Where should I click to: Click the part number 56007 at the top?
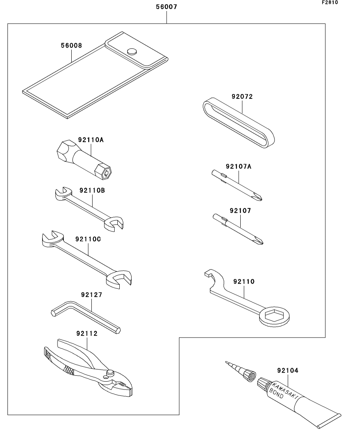(167, 7)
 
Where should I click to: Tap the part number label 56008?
(71, 46)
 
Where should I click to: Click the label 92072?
(241, 96)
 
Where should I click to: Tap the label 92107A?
(239, 166)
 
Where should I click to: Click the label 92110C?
(88, 238)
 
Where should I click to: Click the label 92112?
(87, 334)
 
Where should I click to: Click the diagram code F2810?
(329, 2)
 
